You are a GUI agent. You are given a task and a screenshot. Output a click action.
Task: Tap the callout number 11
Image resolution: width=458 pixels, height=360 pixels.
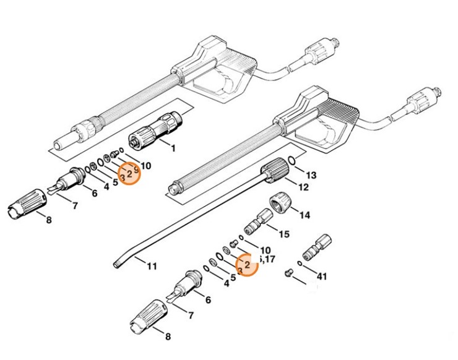152,267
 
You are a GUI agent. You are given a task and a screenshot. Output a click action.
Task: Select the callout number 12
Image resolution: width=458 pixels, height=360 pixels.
304,187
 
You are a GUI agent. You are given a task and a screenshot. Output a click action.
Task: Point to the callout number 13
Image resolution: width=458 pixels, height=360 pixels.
311,175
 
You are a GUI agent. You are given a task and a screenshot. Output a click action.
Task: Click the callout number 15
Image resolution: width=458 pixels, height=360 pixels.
284,235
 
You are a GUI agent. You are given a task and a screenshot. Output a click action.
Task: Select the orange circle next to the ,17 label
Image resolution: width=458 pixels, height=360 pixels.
248,265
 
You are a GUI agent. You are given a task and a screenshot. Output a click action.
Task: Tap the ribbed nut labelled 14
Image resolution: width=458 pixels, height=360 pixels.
279,204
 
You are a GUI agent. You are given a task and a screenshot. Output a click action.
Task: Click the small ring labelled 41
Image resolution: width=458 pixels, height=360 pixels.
300,264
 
